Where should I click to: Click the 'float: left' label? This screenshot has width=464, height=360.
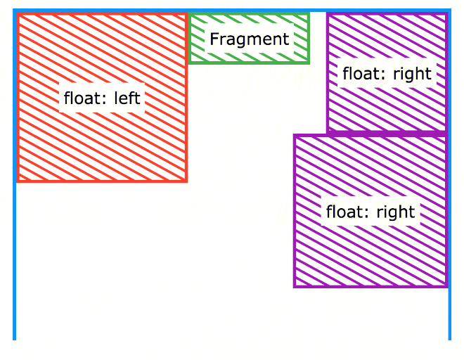(103, 98)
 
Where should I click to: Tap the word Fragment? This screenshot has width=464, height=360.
(250, 39)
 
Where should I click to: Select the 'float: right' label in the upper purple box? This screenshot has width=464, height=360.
(387, 73)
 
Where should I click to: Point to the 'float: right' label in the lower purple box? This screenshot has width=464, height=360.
(370, 212)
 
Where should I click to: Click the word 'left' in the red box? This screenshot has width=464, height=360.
(127, 98)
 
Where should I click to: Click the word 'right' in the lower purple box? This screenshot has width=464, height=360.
(397, 212)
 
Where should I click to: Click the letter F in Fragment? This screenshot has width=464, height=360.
(214, 39)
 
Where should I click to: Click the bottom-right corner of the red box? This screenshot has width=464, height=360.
(186, 181)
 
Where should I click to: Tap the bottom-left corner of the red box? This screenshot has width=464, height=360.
(18, 181)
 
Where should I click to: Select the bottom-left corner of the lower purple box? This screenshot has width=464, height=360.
(295, 286)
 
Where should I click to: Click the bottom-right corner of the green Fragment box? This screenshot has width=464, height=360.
(309, 62)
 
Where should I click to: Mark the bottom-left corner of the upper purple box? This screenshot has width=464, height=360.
(328, 131)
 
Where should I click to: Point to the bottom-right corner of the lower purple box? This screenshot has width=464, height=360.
(446, 286)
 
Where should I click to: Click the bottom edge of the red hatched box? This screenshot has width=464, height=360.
(103, 181)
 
